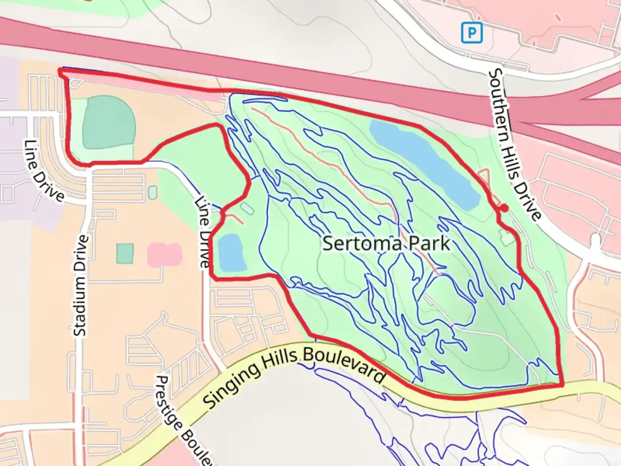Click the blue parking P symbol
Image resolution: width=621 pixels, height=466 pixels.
(x=471, y=32)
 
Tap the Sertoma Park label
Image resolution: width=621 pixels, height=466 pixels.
(x=386, y=244)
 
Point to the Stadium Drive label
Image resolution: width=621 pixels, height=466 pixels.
(x=81, y=285)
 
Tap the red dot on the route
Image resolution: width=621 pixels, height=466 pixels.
(x=504, y=208)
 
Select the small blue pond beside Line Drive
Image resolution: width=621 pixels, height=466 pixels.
(x=232, y=253)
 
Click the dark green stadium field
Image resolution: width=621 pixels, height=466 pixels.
(x=109, y=123)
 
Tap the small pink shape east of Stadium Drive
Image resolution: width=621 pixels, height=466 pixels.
(x=164, y=255)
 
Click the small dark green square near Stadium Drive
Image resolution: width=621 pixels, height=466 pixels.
(x=125, y=253)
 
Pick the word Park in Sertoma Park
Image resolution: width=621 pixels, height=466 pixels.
(x=429, y=244)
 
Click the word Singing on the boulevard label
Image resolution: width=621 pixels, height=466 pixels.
(x=232, y=384)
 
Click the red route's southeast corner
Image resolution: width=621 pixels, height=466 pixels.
(x=562, y=384)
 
